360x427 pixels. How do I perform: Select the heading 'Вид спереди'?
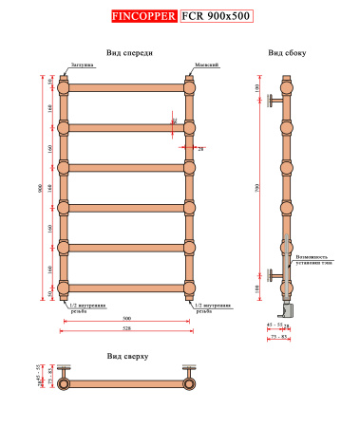point(129,53)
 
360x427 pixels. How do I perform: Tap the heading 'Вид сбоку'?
point(286,53)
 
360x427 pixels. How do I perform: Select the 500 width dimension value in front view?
point(127,317)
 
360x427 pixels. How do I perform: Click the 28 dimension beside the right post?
point(201,149)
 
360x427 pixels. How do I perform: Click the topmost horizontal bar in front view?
point(127,87)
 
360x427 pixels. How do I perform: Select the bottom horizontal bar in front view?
point(127,288)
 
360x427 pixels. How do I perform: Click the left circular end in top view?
point(64,385)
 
